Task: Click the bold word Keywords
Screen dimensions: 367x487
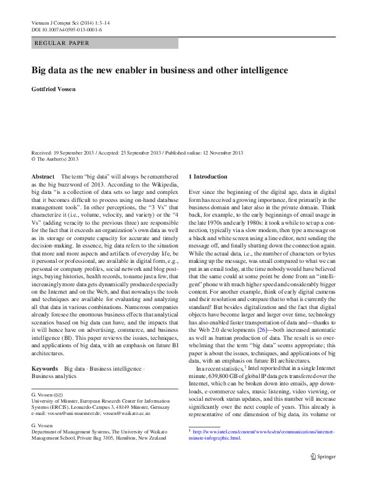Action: [45, 368]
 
